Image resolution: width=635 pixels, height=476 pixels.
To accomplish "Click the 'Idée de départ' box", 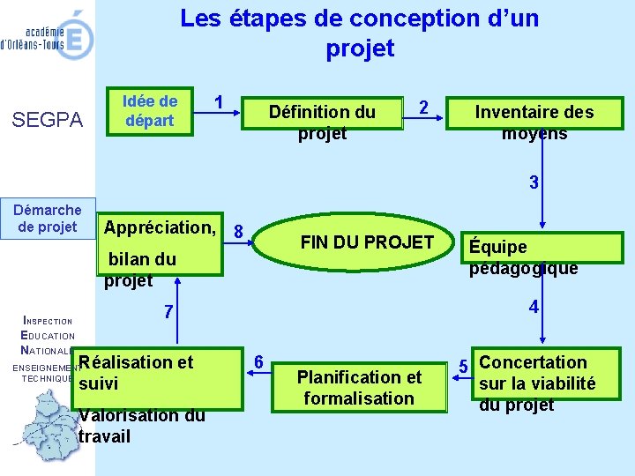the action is click(151, 111).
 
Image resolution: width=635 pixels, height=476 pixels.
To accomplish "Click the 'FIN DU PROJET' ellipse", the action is click(367, 242).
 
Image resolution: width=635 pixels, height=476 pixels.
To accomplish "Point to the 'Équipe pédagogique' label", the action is click(523, 257).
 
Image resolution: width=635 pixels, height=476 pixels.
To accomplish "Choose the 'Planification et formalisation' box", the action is click(359, 387).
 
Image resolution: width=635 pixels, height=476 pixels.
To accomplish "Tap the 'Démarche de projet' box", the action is click(48, 219).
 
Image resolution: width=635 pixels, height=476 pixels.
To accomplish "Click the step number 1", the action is click(219, 101).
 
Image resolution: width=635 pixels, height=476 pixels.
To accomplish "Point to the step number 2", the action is click(423, 108).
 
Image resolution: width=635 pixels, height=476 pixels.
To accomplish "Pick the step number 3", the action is click(534, 183).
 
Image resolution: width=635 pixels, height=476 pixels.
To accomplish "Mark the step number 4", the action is click(534, 308).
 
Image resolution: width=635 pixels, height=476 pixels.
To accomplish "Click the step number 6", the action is click(258, 362).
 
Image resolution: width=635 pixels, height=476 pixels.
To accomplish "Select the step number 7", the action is click(168, 312).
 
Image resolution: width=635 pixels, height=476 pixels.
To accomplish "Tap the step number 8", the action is click(238, 232).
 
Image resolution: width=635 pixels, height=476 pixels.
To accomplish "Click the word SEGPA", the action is click(48, 120).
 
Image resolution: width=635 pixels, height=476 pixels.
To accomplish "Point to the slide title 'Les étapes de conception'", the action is click(359, 32).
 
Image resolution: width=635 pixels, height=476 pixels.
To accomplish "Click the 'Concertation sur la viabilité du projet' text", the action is click(536, 383).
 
